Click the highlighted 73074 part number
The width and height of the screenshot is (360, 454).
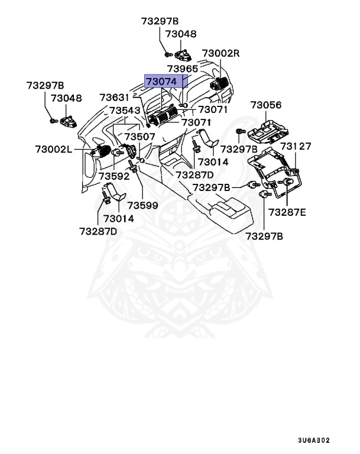161,81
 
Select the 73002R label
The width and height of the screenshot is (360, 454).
220,53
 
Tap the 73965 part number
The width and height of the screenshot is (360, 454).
182,69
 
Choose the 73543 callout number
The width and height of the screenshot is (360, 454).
125,111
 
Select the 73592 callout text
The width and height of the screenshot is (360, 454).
113,176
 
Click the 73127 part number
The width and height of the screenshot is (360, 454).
296,146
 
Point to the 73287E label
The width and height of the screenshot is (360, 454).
287,212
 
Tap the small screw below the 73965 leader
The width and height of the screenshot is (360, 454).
184,105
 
